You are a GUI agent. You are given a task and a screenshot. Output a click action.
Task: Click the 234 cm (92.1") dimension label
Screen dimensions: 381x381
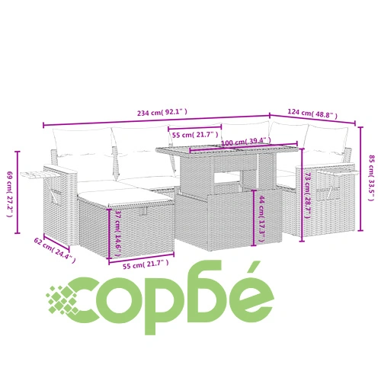[x=162, y=112]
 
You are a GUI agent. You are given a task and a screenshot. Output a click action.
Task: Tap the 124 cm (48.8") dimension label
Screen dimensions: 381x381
[x=312, y=114]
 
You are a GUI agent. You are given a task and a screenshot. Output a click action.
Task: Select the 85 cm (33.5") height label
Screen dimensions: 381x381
[x=371, y=178]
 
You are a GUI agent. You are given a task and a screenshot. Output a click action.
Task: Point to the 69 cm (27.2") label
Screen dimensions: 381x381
[x=9, y=194]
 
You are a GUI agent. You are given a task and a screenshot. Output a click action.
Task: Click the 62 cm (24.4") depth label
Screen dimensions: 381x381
[x=55, y=250]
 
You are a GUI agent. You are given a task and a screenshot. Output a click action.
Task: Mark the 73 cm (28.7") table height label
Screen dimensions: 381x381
[x=308, y=195]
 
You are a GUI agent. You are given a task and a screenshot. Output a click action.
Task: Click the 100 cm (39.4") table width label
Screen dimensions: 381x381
[x=245, y=141]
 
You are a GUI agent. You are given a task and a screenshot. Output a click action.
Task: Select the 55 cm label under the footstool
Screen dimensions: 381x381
[x=146, y=264]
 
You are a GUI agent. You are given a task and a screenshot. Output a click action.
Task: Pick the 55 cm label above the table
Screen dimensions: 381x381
[x=195, y=135]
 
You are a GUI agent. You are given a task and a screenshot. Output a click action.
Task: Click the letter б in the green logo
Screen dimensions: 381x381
[x=206, y=291]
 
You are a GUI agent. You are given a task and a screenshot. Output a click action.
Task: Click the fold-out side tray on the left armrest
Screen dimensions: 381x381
[x=40, y=174]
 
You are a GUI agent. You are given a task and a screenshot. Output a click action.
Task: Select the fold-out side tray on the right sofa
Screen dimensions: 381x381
[x=338, y=172]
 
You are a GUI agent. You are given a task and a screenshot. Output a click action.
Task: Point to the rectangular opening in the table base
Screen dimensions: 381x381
[x=227, y=178]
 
